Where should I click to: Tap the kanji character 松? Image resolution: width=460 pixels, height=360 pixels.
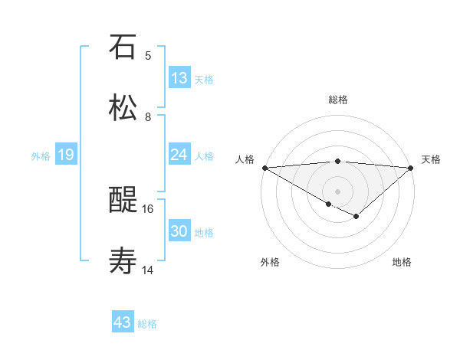point(123,108)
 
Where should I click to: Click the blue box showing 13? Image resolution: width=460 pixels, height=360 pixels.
point(179,78)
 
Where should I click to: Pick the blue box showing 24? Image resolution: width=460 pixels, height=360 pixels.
point(179,155)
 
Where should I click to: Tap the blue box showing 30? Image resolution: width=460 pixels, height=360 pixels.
point(179,232)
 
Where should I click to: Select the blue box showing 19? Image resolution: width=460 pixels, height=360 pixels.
point(66,155)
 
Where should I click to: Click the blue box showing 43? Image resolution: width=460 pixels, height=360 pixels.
point(123,322)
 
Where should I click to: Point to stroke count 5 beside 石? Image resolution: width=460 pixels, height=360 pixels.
point(148,56)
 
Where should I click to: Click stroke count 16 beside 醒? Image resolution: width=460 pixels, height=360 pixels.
point(148,208)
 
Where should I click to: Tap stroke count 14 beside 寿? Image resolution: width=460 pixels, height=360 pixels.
point(148,270)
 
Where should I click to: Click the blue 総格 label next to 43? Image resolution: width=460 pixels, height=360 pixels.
point(147,324)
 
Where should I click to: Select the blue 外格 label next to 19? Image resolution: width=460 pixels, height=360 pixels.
point(41,156)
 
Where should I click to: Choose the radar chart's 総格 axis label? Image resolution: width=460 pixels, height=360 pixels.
point(338,100)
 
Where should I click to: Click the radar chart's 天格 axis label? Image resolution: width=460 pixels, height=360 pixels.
point(431,159)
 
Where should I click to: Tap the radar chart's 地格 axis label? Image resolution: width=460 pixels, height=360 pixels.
point(402,263)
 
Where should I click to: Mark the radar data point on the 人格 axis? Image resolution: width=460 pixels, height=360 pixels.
point(264,168)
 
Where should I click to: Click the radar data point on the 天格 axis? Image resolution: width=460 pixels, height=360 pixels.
point(412,168)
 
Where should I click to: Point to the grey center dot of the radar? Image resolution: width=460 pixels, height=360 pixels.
point(338,191)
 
